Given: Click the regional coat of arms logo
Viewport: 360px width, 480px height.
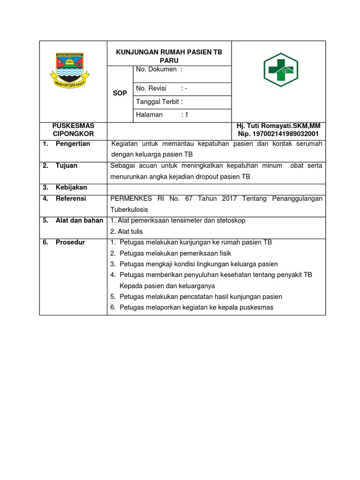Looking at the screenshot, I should (x=73, y=71).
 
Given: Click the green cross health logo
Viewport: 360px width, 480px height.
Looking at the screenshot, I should (x=280, y=70).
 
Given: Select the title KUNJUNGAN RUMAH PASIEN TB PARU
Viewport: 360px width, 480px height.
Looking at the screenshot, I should (x=169, y=57).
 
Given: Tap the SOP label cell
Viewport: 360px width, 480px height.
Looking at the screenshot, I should (x=120, y=93).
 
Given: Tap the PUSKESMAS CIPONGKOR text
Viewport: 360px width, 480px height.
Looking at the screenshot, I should (x=73, y=130).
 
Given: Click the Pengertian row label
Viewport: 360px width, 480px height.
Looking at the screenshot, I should (x=73, y=144).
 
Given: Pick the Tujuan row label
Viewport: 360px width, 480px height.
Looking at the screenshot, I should (x=67, y=165).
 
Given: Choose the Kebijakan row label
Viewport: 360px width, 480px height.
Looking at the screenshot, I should (x=71, y=187).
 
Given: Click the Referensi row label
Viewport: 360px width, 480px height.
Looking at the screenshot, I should (x=71, y=199).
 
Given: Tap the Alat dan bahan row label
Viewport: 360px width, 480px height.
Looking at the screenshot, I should (x=79, y=220).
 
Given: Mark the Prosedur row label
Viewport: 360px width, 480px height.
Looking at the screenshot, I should (x=70, y=242).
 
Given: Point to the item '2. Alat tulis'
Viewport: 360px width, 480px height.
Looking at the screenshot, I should (x=127, y=232).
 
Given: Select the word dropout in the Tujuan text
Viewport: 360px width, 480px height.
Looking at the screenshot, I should (x=202, y=177).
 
